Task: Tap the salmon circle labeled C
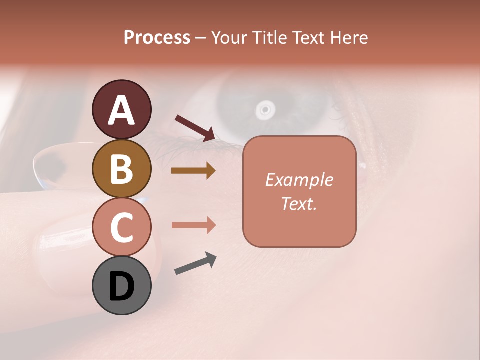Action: pyautogui.click(x=121, y=227)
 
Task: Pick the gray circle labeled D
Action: pyautogui.click(x=121, y=286)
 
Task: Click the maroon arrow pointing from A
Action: pyautogui.click(x=195, y=127)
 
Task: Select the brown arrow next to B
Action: pyautogui.click(x=193, y=171)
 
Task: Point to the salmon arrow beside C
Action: pyautogui.click(x=193, y=225)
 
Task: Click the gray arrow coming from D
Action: pyautogui.click(x=195, y=263)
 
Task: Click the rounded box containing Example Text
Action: pyautogui.click(x=299, y=191)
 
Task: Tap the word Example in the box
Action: pyautogui.click(x=299, y=180)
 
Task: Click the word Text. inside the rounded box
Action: pyautogui.click(x=299, y=203)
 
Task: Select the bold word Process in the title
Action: pyautogui.click(x=157, y=37)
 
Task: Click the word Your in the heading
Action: pyautogui.click(x=229, y=37)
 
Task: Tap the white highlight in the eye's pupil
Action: pyautogui.click(x=265, y=108)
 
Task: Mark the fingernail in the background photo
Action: pyautogui.click(x=52, y=245)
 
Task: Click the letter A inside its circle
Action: pyautogui.click(x=121, y=110)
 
